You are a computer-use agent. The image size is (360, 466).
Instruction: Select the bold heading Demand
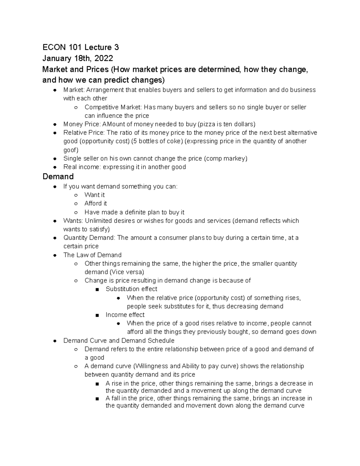58,176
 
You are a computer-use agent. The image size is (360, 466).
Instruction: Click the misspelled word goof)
70,150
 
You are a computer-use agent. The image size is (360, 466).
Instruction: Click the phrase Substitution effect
131,289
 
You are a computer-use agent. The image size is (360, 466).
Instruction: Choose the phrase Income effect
125,315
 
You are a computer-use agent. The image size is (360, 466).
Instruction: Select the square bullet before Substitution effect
97,290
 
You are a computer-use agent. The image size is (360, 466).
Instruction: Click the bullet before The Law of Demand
55,255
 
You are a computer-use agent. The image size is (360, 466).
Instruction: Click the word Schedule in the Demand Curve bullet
161,341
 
